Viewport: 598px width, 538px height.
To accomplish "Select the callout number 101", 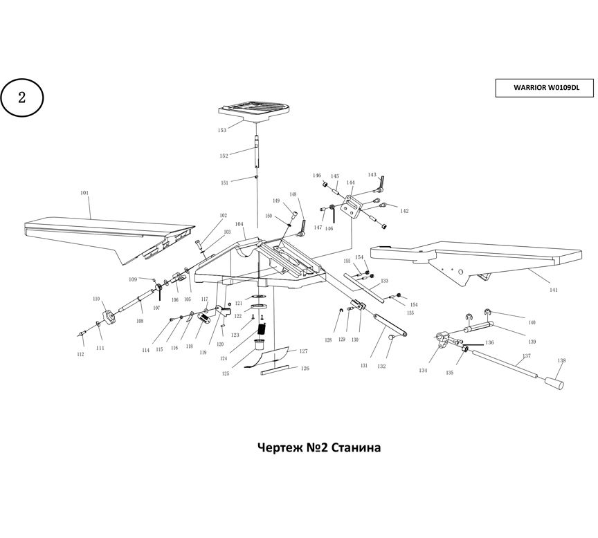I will pos(84,194).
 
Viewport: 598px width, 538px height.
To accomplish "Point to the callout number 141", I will pos(553,290).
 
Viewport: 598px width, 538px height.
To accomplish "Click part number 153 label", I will pos(222,130).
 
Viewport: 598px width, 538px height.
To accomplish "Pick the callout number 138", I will pos(561,360).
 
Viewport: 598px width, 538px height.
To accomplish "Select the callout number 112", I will pos(80,355).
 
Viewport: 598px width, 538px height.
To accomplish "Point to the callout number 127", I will pos(303,351).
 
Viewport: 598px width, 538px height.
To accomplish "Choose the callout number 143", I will pos(372,175).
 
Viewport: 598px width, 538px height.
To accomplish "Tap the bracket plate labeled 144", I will pos(353,205).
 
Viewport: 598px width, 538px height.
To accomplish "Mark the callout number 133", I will pos(384,281).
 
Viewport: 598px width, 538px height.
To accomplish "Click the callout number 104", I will pos(239,224).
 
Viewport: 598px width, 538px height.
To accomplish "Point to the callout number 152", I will pos(224,156).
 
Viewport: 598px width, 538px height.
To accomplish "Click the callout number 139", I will pos(532,342).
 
